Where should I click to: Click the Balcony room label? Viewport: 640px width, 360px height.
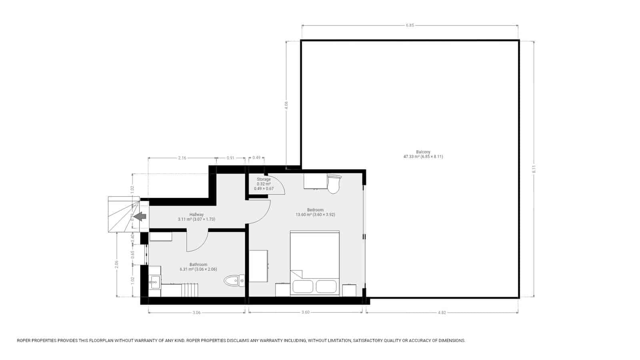[x=423, y=152]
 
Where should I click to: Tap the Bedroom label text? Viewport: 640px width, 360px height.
[x=315, y=210]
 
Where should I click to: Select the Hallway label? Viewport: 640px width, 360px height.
[x=196, y=215]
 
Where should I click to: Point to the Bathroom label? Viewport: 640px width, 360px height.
[x=198, y=264]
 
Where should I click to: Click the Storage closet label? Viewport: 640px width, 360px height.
[x=264, y=180]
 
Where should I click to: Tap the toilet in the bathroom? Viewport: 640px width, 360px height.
[x=234, y=281]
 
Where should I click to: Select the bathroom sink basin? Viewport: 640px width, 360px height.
[x=154, y=282]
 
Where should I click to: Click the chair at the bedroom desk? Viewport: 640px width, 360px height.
[x=334, y=184]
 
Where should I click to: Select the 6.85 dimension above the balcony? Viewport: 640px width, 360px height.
[x=410, y=25]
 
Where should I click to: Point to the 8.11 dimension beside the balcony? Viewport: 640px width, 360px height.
[x=534, y=169]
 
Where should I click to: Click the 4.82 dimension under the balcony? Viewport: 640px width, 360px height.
[x=442, y=313]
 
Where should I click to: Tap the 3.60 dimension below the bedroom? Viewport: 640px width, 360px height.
[x=305, y=313]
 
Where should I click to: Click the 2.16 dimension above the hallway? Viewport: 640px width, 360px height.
[x=182, y=158]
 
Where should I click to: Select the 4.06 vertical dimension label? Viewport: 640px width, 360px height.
[x=286, y=105]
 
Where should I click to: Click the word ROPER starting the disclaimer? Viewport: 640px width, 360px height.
[x=25, y=341]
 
